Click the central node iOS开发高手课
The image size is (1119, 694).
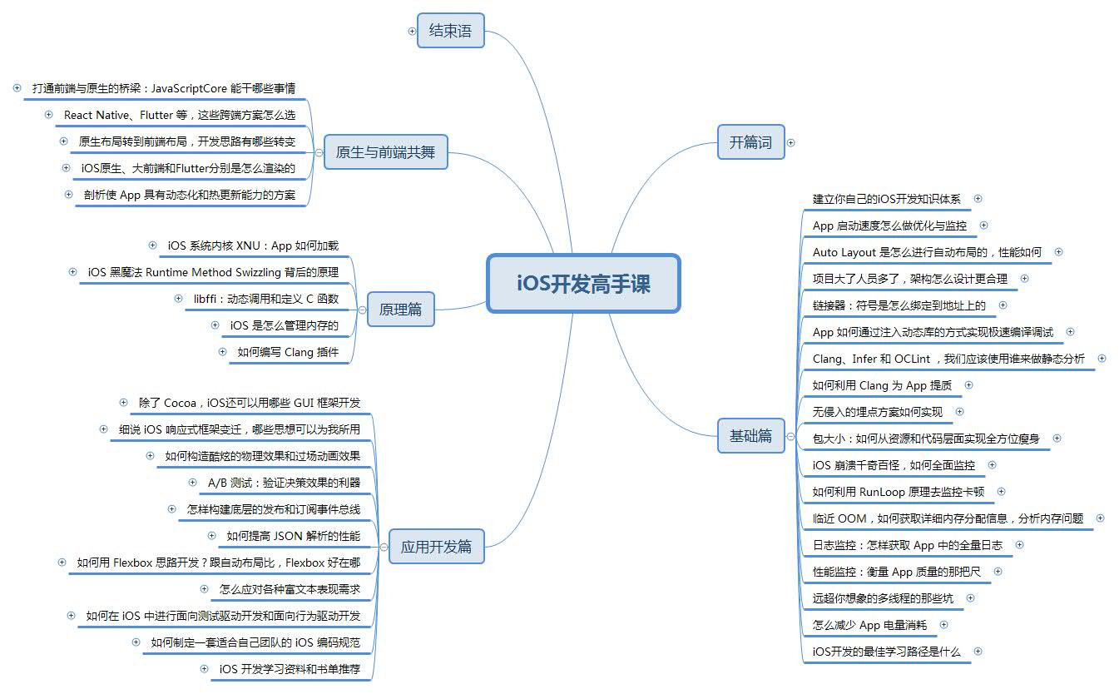point(583,284)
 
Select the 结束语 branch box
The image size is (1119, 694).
point(450,31)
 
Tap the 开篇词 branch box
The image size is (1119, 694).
point(750,142)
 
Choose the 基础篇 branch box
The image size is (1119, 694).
point(750,435)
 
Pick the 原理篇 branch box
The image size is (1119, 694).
point(400,310)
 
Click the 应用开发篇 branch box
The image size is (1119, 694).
point(436,547)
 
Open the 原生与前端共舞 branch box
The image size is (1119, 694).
point(385,152)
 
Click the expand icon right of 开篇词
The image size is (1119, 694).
point(791,142)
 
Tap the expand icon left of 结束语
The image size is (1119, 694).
point(412,31)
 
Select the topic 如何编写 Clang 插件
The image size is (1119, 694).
point(287,352)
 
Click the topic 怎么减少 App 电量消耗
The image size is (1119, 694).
point(869,625)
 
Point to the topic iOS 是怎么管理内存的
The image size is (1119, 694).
point(285,325)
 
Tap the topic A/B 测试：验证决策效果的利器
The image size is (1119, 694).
point(284,482)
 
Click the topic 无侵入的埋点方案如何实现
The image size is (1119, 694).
point(877,412)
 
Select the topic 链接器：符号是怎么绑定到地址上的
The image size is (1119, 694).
point(899,305)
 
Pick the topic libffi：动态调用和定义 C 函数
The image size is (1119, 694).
point(265,299)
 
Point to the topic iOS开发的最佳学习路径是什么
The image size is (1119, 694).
point(886,652)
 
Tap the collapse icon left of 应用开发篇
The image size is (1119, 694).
point(384,547)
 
